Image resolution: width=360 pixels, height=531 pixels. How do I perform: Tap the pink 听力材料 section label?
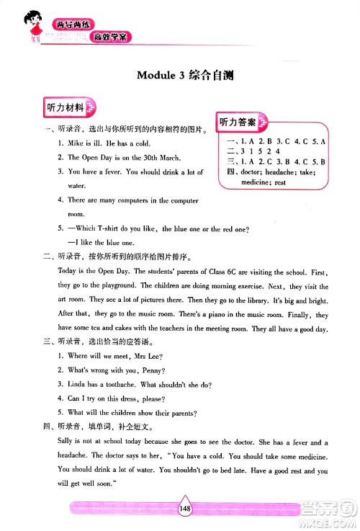(x=63, y=108)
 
